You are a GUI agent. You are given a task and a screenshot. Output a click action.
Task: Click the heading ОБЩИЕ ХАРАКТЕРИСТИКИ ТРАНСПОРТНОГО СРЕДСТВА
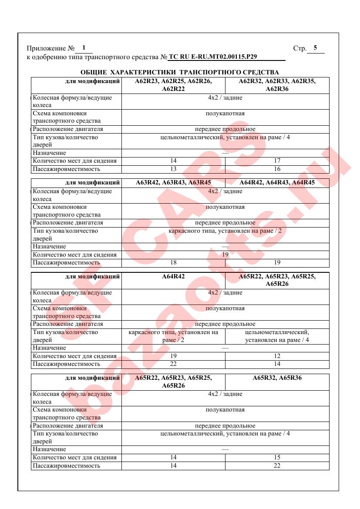point(180,72)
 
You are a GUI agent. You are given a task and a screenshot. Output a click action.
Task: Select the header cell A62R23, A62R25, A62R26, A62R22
point(173,85)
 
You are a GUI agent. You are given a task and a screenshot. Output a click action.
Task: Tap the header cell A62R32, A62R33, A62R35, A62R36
point(277,85)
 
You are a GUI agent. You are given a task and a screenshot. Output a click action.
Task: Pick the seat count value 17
point(277,161)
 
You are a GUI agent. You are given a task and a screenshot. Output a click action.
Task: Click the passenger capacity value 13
point(173,169)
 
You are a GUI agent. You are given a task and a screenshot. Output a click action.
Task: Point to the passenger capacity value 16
point(277,169)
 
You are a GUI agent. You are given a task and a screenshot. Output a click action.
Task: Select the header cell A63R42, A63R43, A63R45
point(173,183)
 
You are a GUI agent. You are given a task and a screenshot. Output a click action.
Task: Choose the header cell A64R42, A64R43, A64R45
point(277,183)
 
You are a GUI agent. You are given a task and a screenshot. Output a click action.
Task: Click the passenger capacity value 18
point(173,263)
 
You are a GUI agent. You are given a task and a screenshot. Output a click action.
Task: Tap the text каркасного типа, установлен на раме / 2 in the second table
point(225,231)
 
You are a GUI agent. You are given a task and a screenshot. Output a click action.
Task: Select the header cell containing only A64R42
point(173,276)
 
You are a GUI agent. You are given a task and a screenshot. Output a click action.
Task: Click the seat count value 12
point(277,356)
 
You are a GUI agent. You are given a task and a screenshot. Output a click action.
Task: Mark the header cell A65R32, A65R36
point(277,378)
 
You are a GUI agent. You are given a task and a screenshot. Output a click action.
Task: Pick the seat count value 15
point(277,458)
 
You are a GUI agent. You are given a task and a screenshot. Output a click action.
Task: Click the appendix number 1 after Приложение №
point(84,47)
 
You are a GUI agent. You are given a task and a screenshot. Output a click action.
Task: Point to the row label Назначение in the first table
point(50,153)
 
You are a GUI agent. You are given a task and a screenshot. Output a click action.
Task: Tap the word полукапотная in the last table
point(225,410)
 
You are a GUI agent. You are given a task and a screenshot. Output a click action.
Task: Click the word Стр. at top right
point(300,48)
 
